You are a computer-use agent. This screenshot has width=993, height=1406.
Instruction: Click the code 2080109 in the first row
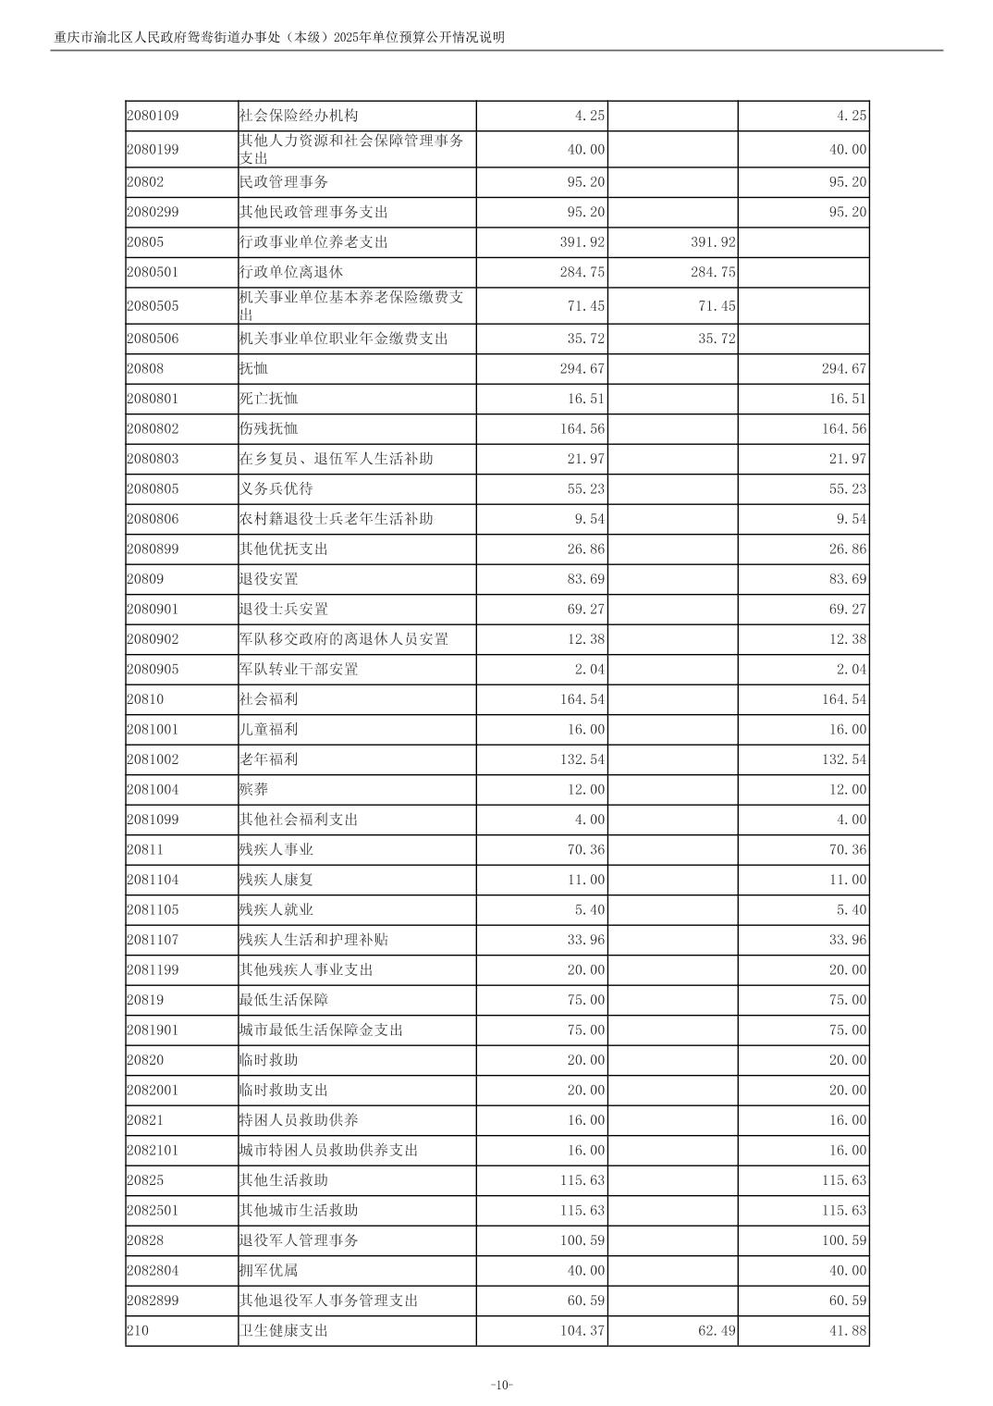153,116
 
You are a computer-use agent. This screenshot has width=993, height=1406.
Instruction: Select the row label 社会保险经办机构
298,116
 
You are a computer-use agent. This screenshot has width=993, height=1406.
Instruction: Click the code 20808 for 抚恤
145,369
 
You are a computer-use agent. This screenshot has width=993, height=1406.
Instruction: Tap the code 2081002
153,759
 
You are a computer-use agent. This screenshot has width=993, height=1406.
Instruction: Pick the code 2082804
153,1271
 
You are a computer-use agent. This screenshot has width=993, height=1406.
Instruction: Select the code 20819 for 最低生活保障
145,1000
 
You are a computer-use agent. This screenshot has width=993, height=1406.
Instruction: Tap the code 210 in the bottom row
137,1331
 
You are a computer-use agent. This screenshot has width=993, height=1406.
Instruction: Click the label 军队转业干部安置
298,670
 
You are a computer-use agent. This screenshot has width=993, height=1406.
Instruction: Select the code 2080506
153,339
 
